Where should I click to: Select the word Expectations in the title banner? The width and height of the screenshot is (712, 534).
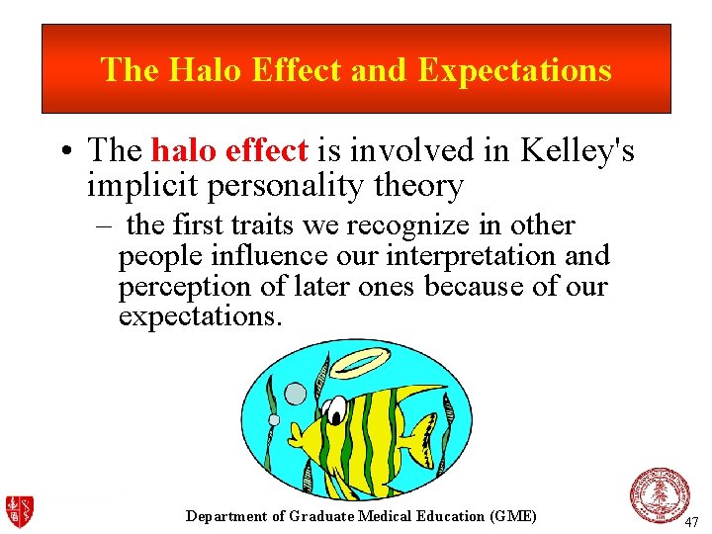514,70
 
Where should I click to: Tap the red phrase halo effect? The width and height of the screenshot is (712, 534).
229,150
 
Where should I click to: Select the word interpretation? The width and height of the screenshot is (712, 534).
447,256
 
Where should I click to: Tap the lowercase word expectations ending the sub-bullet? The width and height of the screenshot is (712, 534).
200,316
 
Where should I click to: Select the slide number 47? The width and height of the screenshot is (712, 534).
691,521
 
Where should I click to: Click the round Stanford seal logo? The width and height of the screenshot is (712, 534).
660,494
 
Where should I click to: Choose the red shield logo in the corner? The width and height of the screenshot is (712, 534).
19,511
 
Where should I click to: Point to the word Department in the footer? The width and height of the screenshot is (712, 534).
226,516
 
